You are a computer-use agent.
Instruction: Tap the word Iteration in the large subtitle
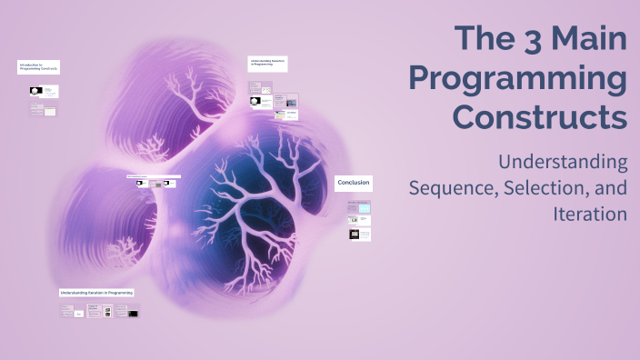pyautogui.click(x=590, y=215)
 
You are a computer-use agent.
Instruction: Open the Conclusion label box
pyautogui.click(x=354, y=183)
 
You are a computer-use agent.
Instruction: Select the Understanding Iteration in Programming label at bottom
pyautogui.click(x=96, y=293)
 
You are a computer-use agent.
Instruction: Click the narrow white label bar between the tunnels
pyautogui.click(x=153, y=176)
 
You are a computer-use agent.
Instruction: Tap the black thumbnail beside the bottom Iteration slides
pyautogui.click(x=133, y=313)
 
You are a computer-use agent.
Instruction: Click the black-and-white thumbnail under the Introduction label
pyautogui.click(x=36, y=91)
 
